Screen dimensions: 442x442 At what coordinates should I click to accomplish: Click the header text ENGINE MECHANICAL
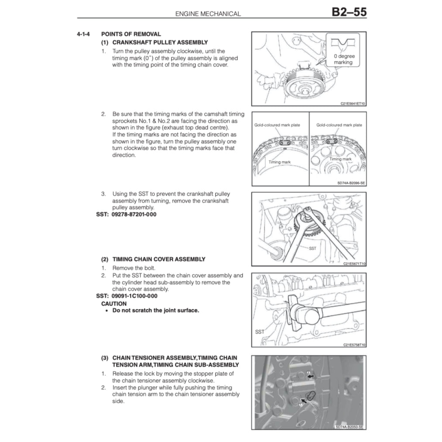point(208,14)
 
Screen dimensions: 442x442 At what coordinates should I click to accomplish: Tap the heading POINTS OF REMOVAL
point(131,34)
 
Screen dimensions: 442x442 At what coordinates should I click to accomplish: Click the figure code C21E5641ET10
point(353,104)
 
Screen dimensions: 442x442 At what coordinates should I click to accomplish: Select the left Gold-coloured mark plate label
point(277,125)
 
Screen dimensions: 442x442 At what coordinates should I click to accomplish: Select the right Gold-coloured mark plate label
point(339,125)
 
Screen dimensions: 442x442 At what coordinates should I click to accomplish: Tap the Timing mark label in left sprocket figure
point(279,162)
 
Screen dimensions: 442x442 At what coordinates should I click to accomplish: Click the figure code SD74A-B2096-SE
point(351,183)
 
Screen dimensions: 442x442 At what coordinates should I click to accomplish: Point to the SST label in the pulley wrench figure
point(312,248)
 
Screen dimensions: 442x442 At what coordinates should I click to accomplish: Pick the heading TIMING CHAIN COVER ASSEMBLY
point(158,259)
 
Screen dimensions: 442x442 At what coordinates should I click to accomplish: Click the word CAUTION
point(114,304)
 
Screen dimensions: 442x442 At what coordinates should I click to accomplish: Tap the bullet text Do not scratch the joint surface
point(156,311)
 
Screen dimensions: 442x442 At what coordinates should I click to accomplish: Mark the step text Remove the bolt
point(134,268)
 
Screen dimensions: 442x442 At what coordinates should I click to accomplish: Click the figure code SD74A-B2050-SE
point(349,427)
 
